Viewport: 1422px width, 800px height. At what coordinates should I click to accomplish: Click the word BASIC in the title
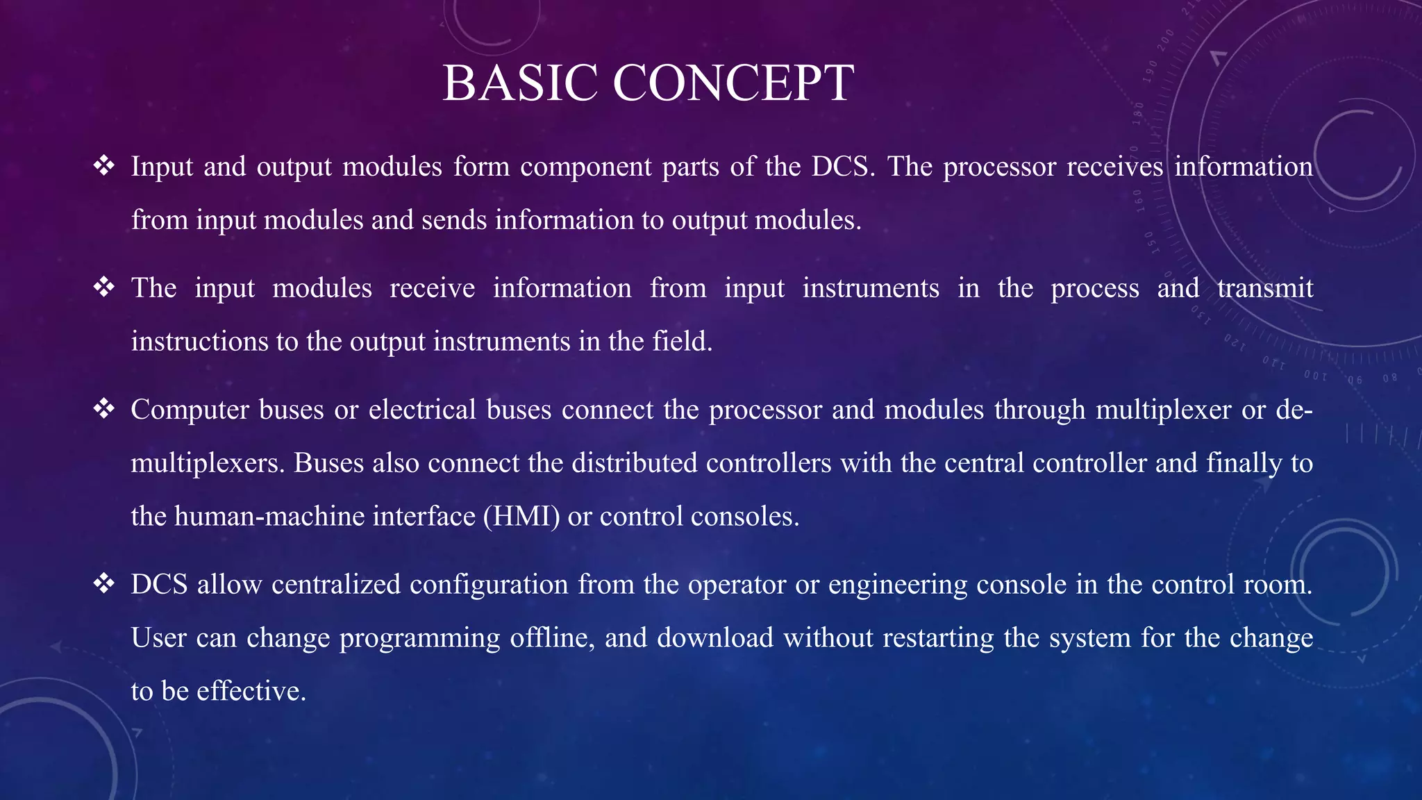click(519, 83)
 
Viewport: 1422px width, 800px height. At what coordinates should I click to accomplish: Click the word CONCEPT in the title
click(733, 83)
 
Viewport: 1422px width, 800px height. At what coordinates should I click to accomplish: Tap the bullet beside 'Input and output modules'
click(103, 166)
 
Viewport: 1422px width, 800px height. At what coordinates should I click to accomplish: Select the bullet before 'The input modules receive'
click(103, 287)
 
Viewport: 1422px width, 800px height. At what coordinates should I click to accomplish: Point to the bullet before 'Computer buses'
click(103, 409)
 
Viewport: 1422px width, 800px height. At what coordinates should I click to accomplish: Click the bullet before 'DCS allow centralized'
click(103, 584)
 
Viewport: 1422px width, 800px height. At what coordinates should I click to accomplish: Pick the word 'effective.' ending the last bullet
click(251, 691)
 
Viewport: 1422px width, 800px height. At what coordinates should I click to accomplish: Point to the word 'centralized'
click(336, 585)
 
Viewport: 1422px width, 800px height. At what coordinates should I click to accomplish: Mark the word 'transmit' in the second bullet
click(1264, 288)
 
